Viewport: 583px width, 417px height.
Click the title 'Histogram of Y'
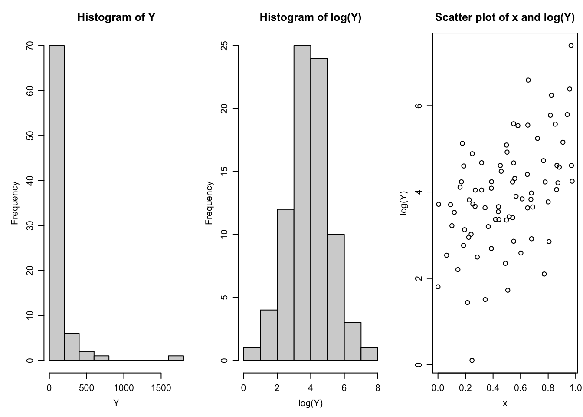pos(116,17)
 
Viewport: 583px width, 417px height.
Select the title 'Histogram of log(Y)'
pos(310,17)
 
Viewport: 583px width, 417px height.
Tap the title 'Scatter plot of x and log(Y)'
pos(504,17)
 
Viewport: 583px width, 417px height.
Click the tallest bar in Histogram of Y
pos(57,203)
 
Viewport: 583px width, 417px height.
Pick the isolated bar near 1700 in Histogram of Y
pos(176,358)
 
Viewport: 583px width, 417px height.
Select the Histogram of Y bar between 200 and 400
pos(72,347)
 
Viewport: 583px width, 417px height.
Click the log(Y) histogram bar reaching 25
pos(302,203)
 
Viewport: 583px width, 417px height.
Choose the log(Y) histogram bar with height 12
pos(285,285)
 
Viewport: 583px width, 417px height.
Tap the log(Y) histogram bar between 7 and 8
pos(369,354)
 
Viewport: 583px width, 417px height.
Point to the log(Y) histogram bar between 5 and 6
pos(336,297)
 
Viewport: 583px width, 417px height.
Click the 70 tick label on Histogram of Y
pos(29,46)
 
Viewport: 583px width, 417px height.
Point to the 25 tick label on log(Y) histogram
pos(224,46)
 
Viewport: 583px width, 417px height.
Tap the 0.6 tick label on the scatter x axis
pos(521,388)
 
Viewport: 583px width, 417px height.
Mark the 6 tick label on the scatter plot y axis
pos(419,106)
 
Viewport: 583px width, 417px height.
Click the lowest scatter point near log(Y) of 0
pos(472,360)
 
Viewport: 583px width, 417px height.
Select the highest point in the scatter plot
pos(571,46)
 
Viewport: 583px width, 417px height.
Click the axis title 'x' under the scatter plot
pos(504,404)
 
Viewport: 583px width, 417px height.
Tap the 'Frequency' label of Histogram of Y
pos(15,203)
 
